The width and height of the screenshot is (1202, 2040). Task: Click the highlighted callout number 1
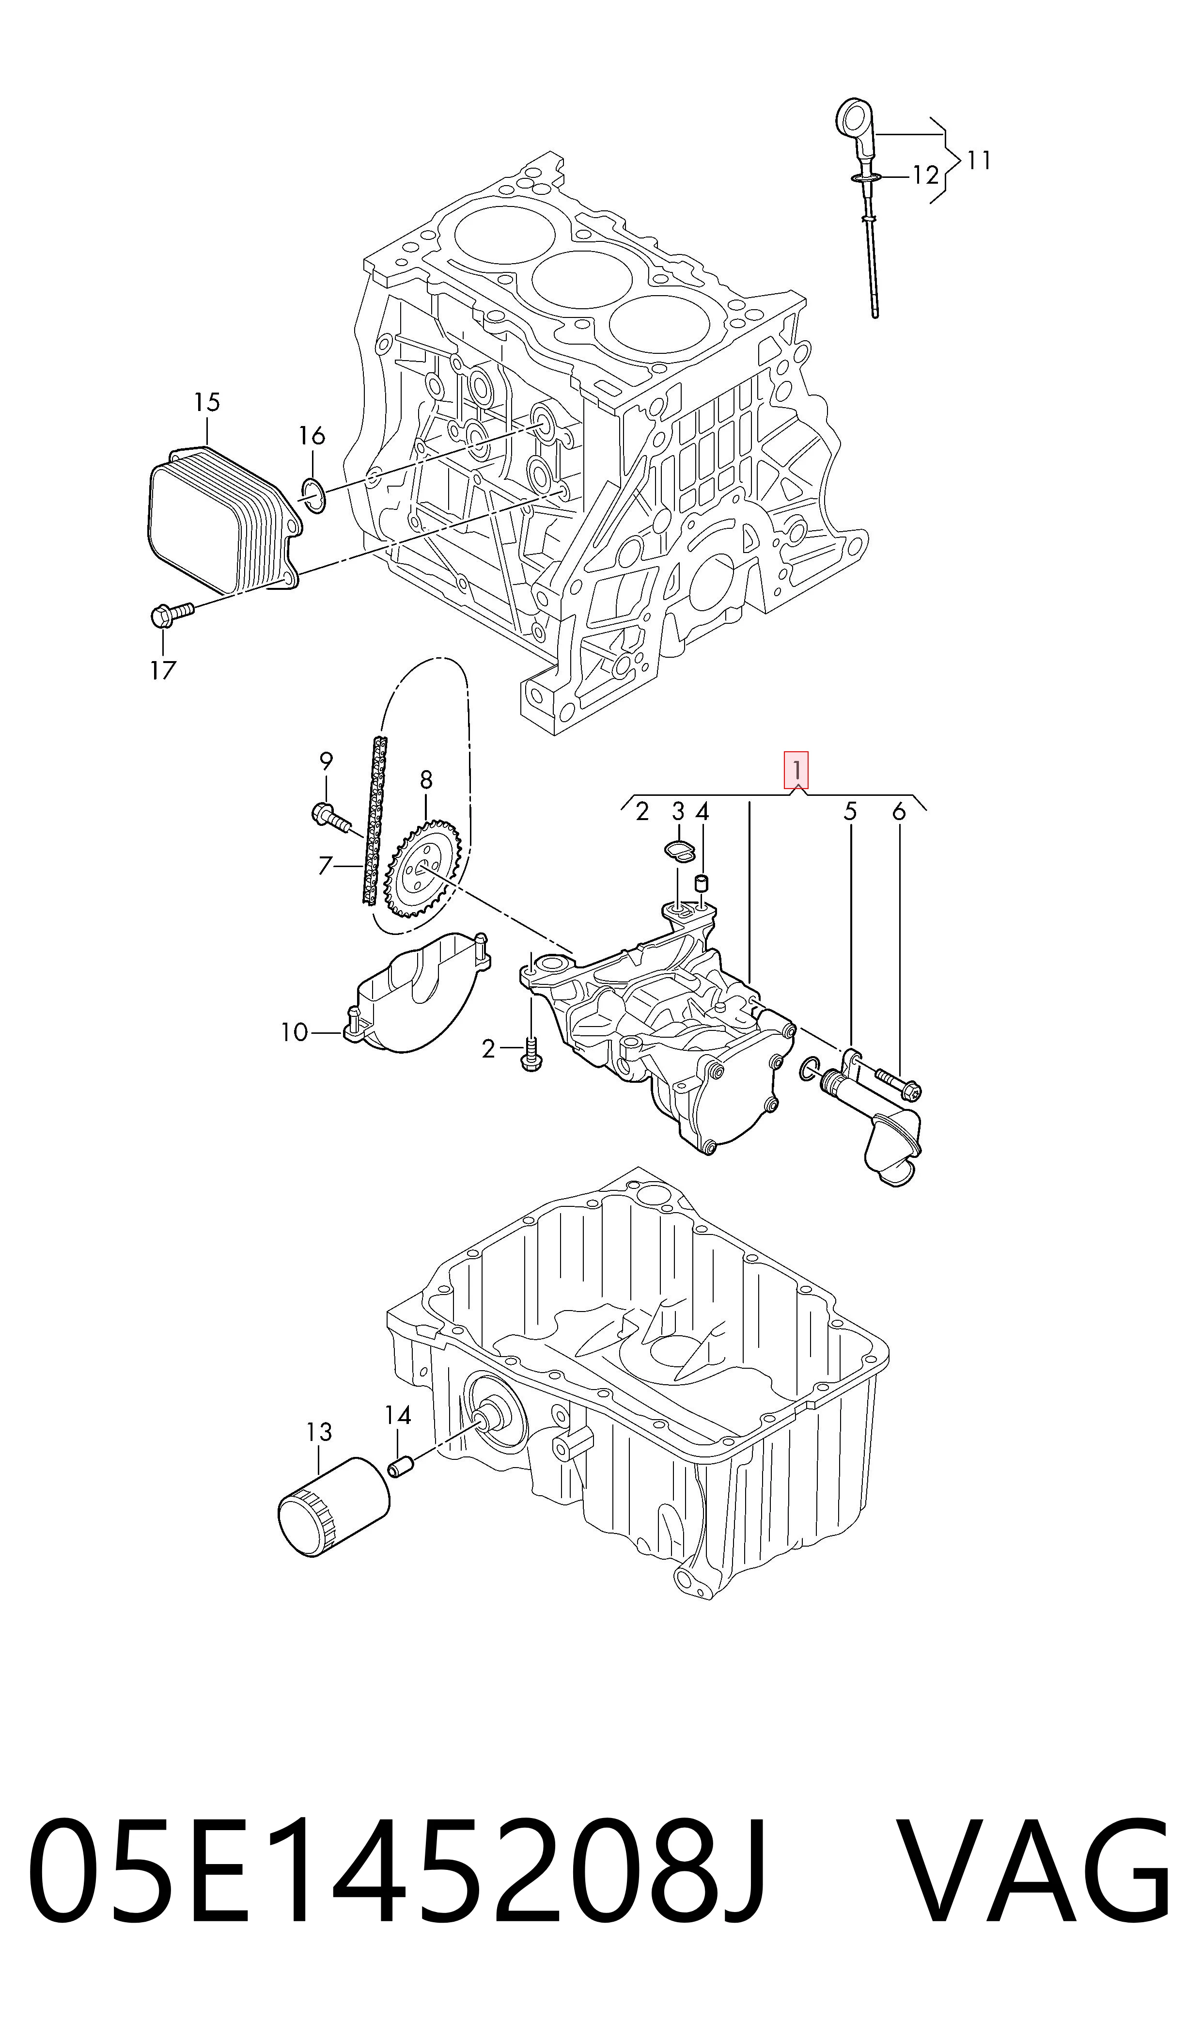click(x=796, y=771)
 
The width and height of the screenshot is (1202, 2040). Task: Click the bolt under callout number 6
click(x=897, y=1084)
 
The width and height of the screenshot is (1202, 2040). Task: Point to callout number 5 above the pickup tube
click(x=850, y=811)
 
